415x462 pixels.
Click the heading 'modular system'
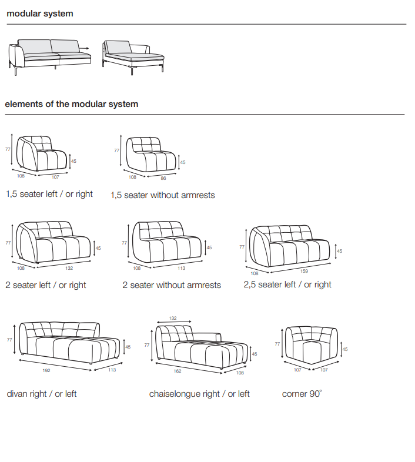coord(40,14)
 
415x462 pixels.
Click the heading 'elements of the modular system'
coord(72,104)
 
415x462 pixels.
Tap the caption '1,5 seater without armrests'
coord(163,195)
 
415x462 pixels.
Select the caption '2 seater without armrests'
coord(172,285)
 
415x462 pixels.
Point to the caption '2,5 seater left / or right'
coord(287,284)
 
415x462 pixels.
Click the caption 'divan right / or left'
coord(42,394)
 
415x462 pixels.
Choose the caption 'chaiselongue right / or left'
coord(199,394)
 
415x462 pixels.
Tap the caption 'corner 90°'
coord(302,394)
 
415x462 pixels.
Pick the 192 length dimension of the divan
coord(47,370)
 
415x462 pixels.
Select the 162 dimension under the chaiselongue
coord(177,371)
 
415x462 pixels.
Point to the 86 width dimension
coord(163,178)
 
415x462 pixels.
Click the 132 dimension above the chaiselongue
coord(173,317)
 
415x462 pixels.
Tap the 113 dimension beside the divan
coord(112,370)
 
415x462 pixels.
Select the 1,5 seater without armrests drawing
coord(152,155)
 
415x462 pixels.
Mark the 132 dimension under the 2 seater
coord(69,268)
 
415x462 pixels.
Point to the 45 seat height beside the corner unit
coord(345,349)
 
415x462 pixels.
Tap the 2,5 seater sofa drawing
coord(291,247)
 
